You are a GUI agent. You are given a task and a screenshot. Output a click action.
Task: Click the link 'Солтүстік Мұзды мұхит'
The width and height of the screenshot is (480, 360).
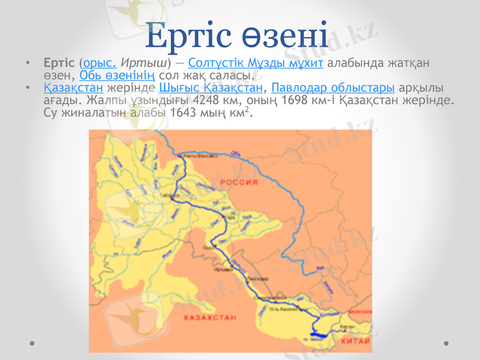click(x=256, y=62)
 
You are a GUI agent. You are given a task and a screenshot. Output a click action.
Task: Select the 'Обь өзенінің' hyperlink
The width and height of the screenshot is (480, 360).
click(x=118, y=76)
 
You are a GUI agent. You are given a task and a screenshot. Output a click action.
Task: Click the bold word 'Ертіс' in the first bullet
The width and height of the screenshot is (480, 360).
click(x=59, y=62)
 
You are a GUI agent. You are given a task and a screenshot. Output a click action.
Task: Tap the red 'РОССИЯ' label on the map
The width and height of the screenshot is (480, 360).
click(x=238, y=181)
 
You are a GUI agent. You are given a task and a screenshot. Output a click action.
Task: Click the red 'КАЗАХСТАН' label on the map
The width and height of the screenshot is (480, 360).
click(x=210, y=317)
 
